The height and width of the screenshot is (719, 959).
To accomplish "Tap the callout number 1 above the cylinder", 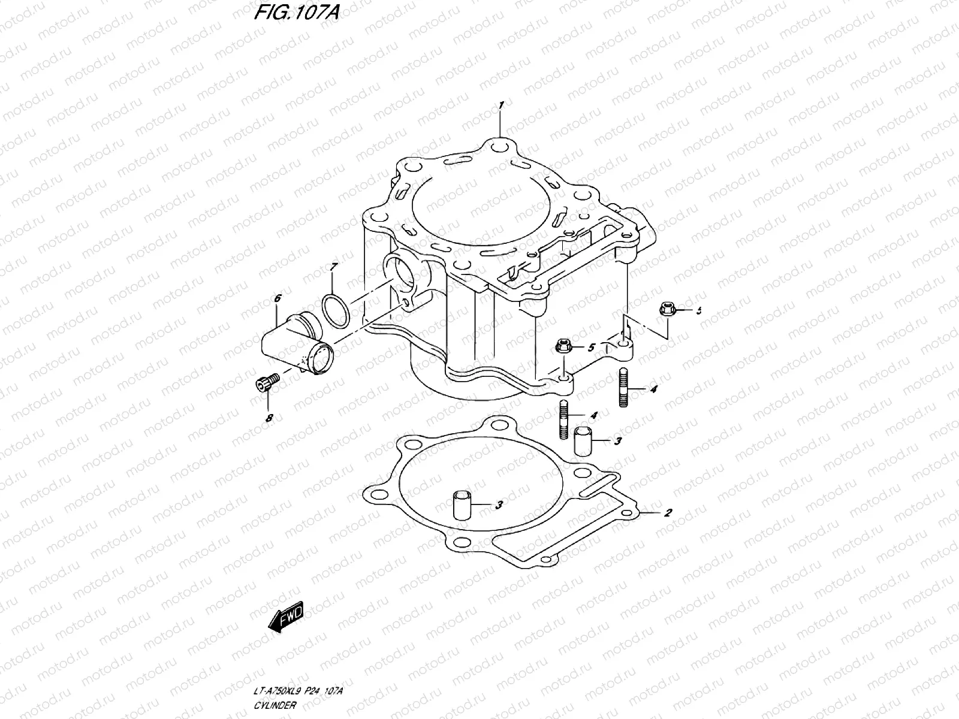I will click(501, 105).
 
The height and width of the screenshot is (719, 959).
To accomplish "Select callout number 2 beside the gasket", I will click(668, 513).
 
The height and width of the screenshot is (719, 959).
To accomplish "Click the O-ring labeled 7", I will click(337, 311).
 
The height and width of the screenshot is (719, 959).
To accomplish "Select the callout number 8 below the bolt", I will click(269, 417).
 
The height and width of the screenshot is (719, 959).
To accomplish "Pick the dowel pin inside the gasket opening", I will click(462, 504).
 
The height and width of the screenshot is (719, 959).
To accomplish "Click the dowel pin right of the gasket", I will click(583, 442).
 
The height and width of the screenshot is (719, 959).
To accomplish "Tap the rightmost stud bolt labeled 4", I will click(623, 388).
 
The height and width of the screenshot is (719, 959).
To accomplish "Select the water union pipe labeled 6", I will click(294, 342).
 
